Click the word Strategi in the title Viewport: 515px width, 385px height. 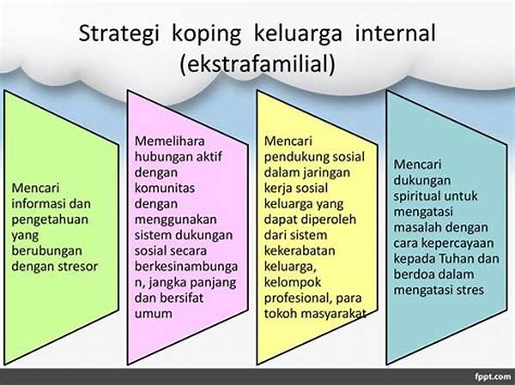coord(119,33)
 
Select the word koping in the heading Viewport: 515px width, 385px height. coord(207,35)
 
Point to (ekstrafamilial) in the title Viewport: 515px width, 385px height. coord(257,63)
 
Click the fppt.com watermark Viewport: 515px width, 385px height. coord(492,376)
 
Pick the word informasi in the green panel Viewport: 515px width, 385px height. coord(36,203)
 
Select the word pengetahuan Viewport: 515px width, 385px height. coord(50,220)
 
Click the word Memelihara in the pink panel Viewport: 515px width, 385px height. coord(170,141)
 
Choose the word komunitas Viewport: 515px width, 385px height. coord(165,188)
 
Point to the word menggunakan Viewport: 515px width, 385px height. coord(175,220)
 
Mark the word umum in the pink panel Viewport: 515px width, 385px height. coord(154,314)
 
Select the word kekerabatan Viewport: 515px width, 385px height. coord(300,250)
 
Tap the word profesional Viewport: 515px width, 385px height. coord(297,298)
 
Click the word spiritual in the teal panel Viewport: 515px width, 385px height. coord(416,196)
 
